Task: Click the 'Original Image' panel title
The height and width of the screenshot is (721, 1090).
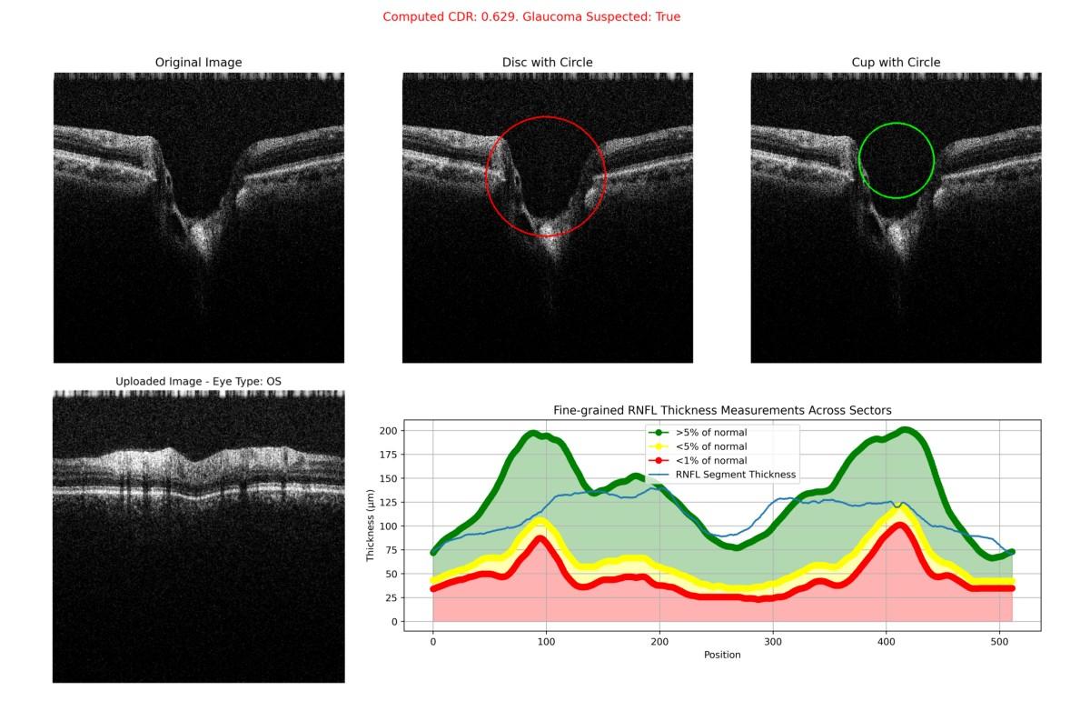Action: pyautogui.click(x=198, y=63)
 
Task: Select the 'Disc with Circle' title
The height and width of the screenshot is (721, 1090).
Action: pyautogui.click(x=547, y=63)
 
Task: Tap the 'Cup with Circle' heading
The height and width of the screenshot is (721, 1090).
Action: pyautogui.click(x=896, y=63)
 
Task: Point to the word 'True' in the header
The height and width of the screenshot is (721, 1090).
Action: pyautogui.click(x=664, y=17)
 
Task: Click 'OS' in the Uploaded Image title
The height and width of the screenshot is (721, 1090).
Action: pyautogui.click(x=272, y=381)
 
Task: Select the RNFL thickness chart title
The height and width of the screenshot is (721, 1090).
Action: pyautogui.click(x=722, y=411)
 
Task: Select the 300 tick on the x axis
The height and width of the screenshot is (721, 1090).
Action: pyautogui.click(x=773, y=640)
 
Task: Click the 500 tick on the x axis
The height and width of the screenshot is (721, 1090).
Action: pyautogui.click(x=999, y=640)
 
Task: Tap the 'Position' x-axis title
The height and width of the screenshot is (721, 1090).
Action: pyautogui.click(x=722, y=655)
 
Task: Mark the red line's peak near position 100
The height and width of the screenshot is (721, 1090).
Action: pyautogui.click(x=542, y=539)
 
